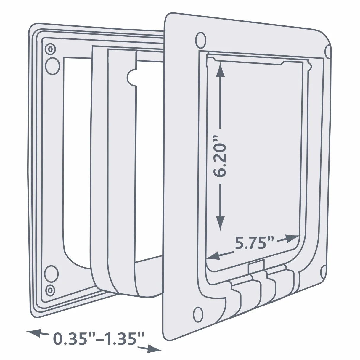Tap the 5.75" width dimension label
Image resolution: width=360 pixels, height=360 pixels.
(x=254, y=243)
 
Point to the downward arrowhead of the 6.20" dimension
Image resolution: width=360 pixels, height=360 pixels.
(x=220, y=223)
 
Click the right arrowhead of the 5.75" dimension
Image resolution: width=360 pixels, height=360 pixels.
(x=291, y=239)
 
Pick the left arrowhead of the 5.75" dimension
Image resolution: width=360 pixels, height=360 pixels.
(x=213, y=255)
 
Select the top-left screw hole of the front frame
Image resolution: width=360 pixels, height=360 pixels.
(x=201, y=40)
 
